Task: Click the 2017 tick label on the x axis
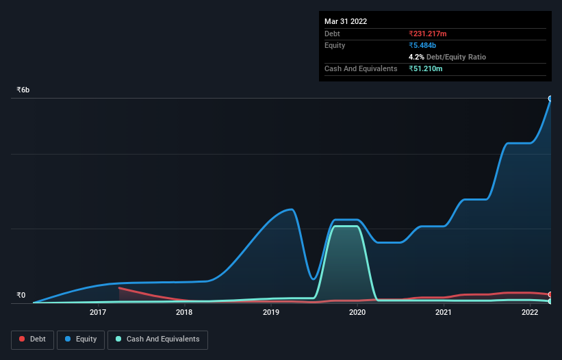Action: (x=98, y=313)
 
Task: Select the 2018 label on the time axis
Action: (x=184, y=313)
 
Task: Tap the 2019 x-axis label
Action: (x=271, y=313)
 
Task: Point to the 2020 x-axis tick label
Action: (x=357, y=313)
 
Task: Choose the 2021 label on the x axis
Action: (x=444, y=313)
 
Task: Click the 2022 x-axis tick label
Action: (x=530, y=313)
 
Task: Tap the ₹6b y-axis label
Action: (x=23, y=90)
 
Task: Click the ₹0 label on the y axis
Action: (x=21, y=296)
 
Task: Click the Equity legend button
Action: (x=80, y=339)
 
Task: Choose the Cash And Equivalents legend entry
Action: (x=157, y=339)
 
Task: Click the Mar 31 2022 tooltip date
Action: (x=346, y=21)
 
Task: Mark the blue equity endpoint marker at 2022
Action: (x=550, y=99)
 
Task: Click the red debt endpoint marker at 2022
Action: (x=550, y=294)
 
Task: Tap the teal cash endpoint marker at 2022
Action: (x=550, y=301)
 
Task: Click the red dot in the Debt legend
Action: (x=23, y=339)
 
